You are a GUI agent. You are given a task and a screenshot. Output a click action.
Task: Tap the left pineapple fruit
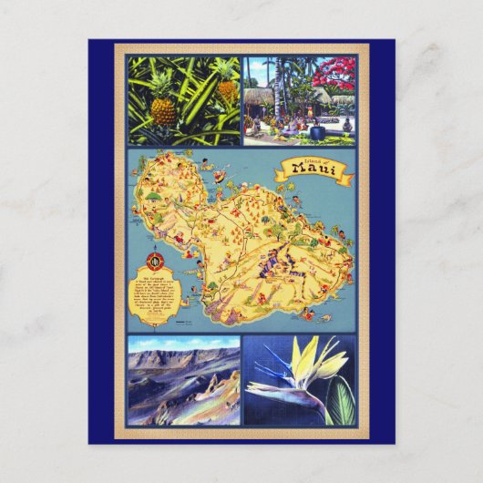pyautogui.click(x=162, y=111)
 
